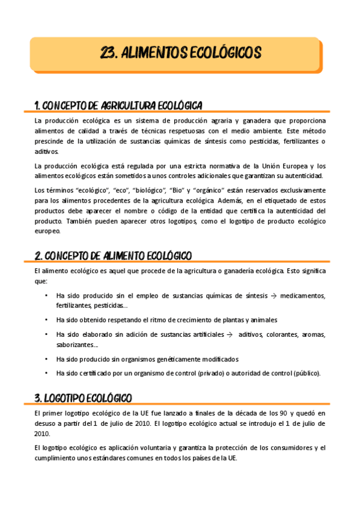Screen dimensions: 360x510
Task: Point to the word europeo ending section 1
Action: pyautogui.click(x=47, y=230)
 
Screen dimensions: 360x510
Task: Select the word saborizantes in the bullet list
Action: pyautogui.click(x=76, y=345)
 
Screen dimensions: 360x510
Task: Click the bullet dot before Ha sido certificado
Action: pyautogui.click(x=46, y=373)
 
